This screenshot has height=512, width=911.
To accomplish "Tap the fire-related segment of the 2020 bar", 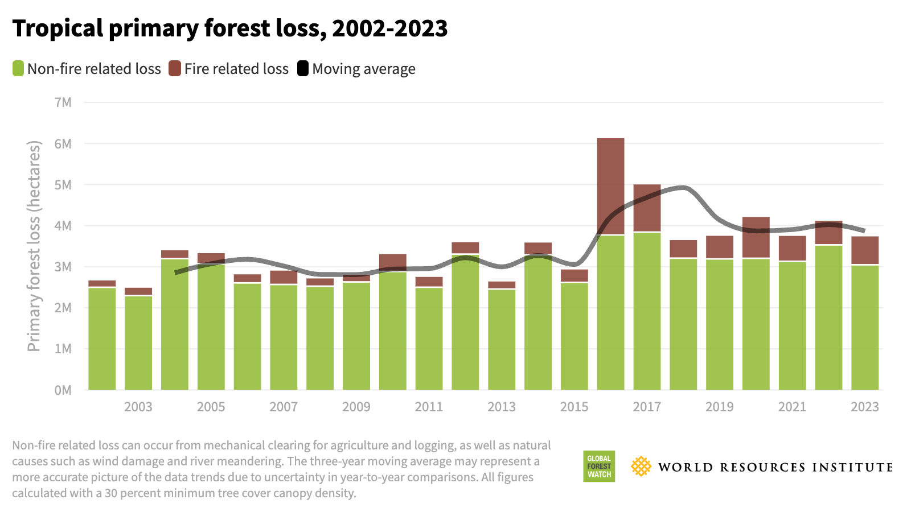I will [x=756, y=237].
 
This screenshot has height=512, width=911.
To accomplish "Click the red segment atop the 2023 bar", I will [x=865, y=250].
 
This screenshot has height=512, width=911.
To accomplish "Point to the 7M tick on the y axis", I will [x=63, y=102].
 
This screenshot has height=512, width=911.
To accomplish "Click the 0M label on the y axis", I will [x=63, y=390].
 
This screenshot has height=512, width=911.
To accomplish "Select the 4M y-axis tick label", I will [x=63, y=226].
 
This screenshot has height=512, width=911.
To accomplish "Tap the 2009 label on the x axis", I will [x=356, y=407].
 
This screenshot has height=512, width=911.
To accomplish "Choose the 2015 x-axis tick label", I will [x=574, y=407].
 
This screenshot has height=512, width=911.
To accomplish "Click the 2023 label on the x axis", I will [x=865, y=407].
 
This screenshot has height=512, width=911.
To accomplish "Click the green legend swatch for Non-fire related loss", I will [x=18, y=69].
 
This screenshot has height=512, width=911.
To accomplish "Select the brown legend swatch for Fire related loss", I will [x=175, y=69].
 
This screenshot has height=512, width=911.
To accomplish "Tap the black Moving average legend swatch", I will [x=303, y=69].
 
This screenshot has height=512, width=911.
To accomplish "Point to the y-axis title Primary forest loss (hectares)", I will [x=34, y=246].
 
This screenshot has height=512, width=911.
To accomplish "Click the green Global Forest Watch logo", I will [x=599, y=466].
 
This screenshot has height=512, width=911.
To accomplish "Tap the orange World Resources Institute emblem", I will [x=641, y=466].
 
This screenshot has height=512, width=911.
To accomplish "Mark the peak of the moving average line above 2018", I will [x=683, y=187].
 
